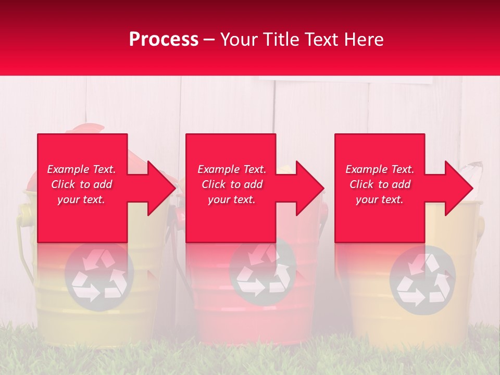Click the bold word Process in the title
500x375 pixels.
[x=164, y=39]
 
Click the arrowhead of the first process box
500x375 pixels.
[x=161, y=188]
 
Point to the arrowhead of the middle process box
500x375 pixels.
[x=310, y=188]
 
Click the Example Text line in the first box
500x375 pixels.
[x=81, y=169]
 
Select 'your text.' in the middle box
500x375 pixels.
[x=231, y=199]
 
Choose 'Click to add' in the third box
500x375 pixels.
[x=380, y=184]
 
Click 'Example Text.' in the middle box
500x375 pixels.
[x=231, y=169]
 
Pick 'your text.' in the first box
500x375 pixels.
[x=81, y=199]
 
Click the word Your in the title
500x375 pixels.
[x=237, y=39]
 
